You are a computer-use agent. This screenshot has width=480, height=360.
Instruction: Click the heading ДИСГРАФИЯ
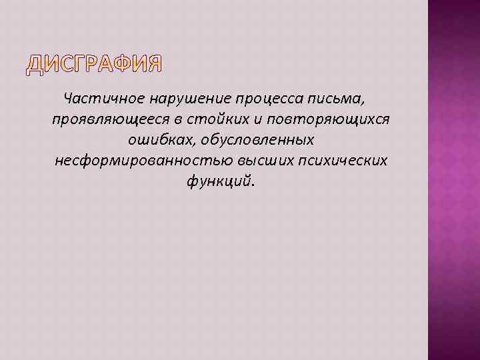point(94,63)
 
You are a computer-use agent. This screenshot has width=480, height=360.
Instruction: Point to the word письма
point(338,99)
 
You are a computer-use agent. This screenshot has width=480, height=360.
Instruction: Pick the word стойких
point(201,119)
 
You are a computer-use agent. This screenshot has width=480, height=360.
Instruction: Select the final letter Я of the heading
point(153,63)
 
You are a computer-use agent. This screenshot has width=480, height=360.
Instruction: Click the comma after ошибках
point(192,144)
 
